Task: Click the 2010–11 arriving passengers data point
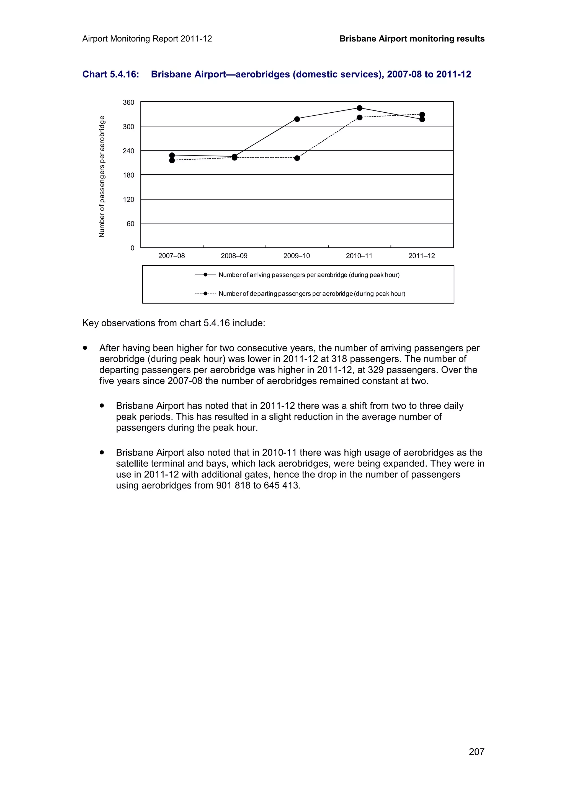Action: [359, 108]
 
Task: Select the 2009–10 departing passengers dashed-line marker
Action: [297, 158]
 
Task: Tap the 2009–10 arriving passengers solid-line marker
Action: [297, 119]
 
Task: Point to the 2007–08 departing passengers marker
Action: [172, 160]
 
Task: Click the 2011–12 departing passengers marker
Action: [422, 115]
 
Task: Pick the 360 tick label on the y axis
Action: [128, 103]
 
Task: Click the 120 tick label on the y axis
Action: [128, 200]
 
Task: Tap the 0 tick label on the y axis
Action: [132, 248]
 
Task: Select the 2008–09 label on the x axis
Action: [234, 256]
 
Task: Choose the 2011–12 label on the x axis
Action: [422, 256]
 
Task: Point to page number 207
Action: [476, 752]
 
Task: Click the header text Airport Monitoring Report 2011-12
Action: [147, 39]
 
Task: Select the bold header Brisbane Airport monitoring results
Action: [412, 39]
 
